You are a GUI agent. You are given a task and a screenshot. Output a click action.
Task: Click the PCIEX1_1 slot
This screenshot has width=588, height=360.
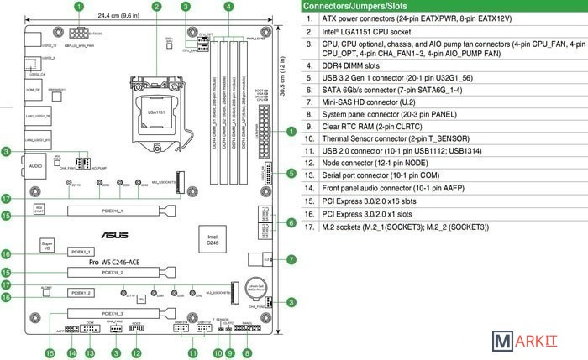[x=81, y=252]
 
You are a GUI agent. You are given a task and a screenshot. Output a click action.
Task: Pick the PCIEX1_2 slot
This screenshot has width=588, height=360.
[x=81, y=292]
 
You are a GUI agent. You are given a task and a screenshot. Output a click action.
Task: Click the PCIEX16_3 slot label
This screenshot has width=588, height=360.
[x=112, y=312]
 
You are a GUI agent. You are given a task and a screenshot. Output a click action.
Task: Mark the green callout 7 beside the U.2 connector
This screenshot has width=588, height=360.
[x=291, y=259]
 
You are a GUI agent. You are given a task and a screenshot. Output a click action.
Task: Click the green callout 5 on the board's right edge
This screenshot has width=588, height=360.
[x=291, y=173]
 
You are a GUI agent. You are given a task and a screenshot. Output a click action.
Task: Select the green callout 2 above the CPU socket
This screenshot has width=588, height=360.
[x=157, y=6]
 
